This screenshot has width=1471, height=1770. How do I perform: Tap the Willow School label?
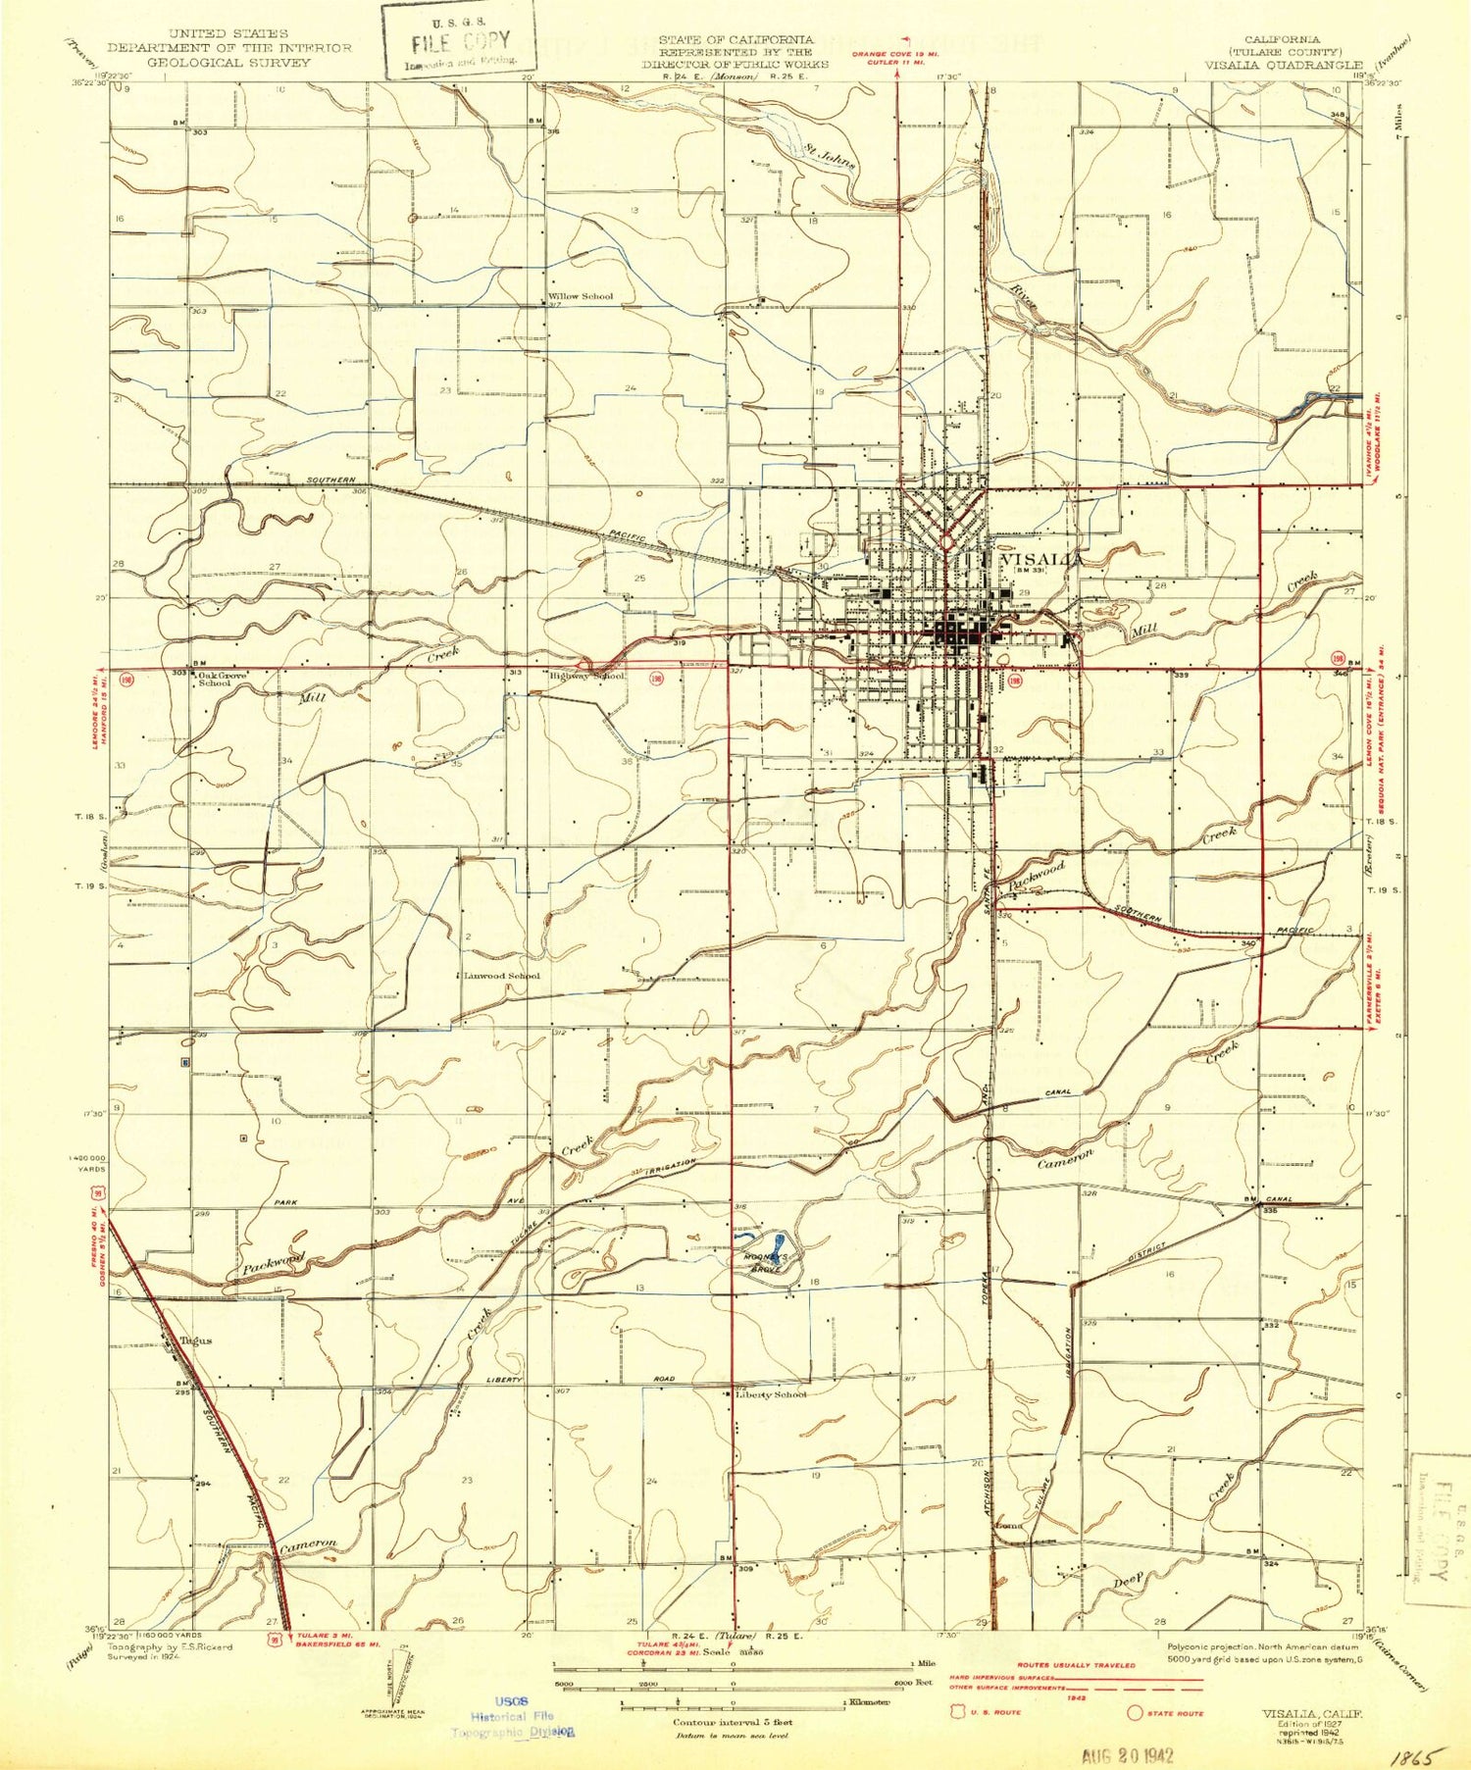coord(581,296)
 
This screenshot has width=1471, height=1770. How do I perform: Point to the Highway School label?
coord(585,676)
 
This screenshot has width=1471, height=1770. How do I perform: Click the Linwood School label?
coord(501,976)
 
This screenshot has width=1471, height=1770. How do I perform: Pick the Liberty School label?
coord(771,1394)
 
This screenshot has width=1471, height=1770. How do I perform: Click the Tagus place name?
coord(195,1340)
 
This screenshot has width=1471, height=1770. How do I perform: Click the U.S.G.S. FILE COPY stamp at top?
coord(459,42)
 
